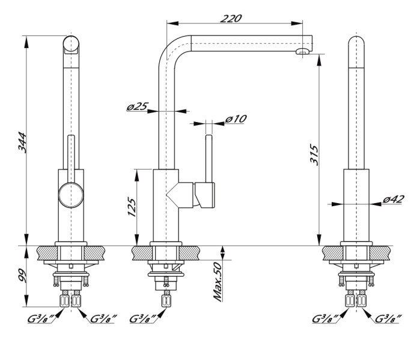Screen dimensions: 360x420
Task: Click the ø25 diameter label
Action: tap(137, 106)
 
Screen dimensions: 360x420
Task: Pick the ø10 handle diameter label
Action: tap(236, 119)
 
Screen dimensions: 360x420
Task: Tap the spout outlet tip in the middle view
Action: tap(302, 52)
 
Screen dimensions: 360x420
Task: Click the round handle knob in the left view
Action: tap(70, 197)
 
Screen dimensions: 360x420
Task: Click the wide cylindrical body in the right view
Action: tap(356, 204)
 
